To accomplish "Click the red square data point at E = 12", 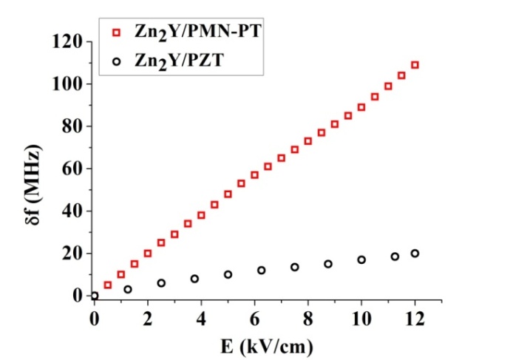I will point(415,65).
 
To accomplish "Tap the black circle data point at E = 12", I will point(415,253).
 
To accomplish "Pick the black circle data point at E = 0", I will point(95,296).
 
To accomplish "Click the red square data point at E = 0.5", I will point(107,285).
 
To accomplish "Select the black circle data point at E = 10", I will point(361,259).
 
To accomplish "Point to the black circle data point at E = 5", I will point(228,274).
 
